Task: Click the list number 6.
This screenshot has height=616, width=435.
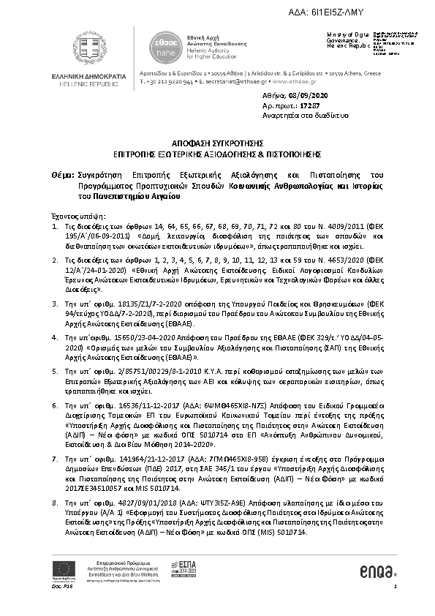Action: pos(55,403)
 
